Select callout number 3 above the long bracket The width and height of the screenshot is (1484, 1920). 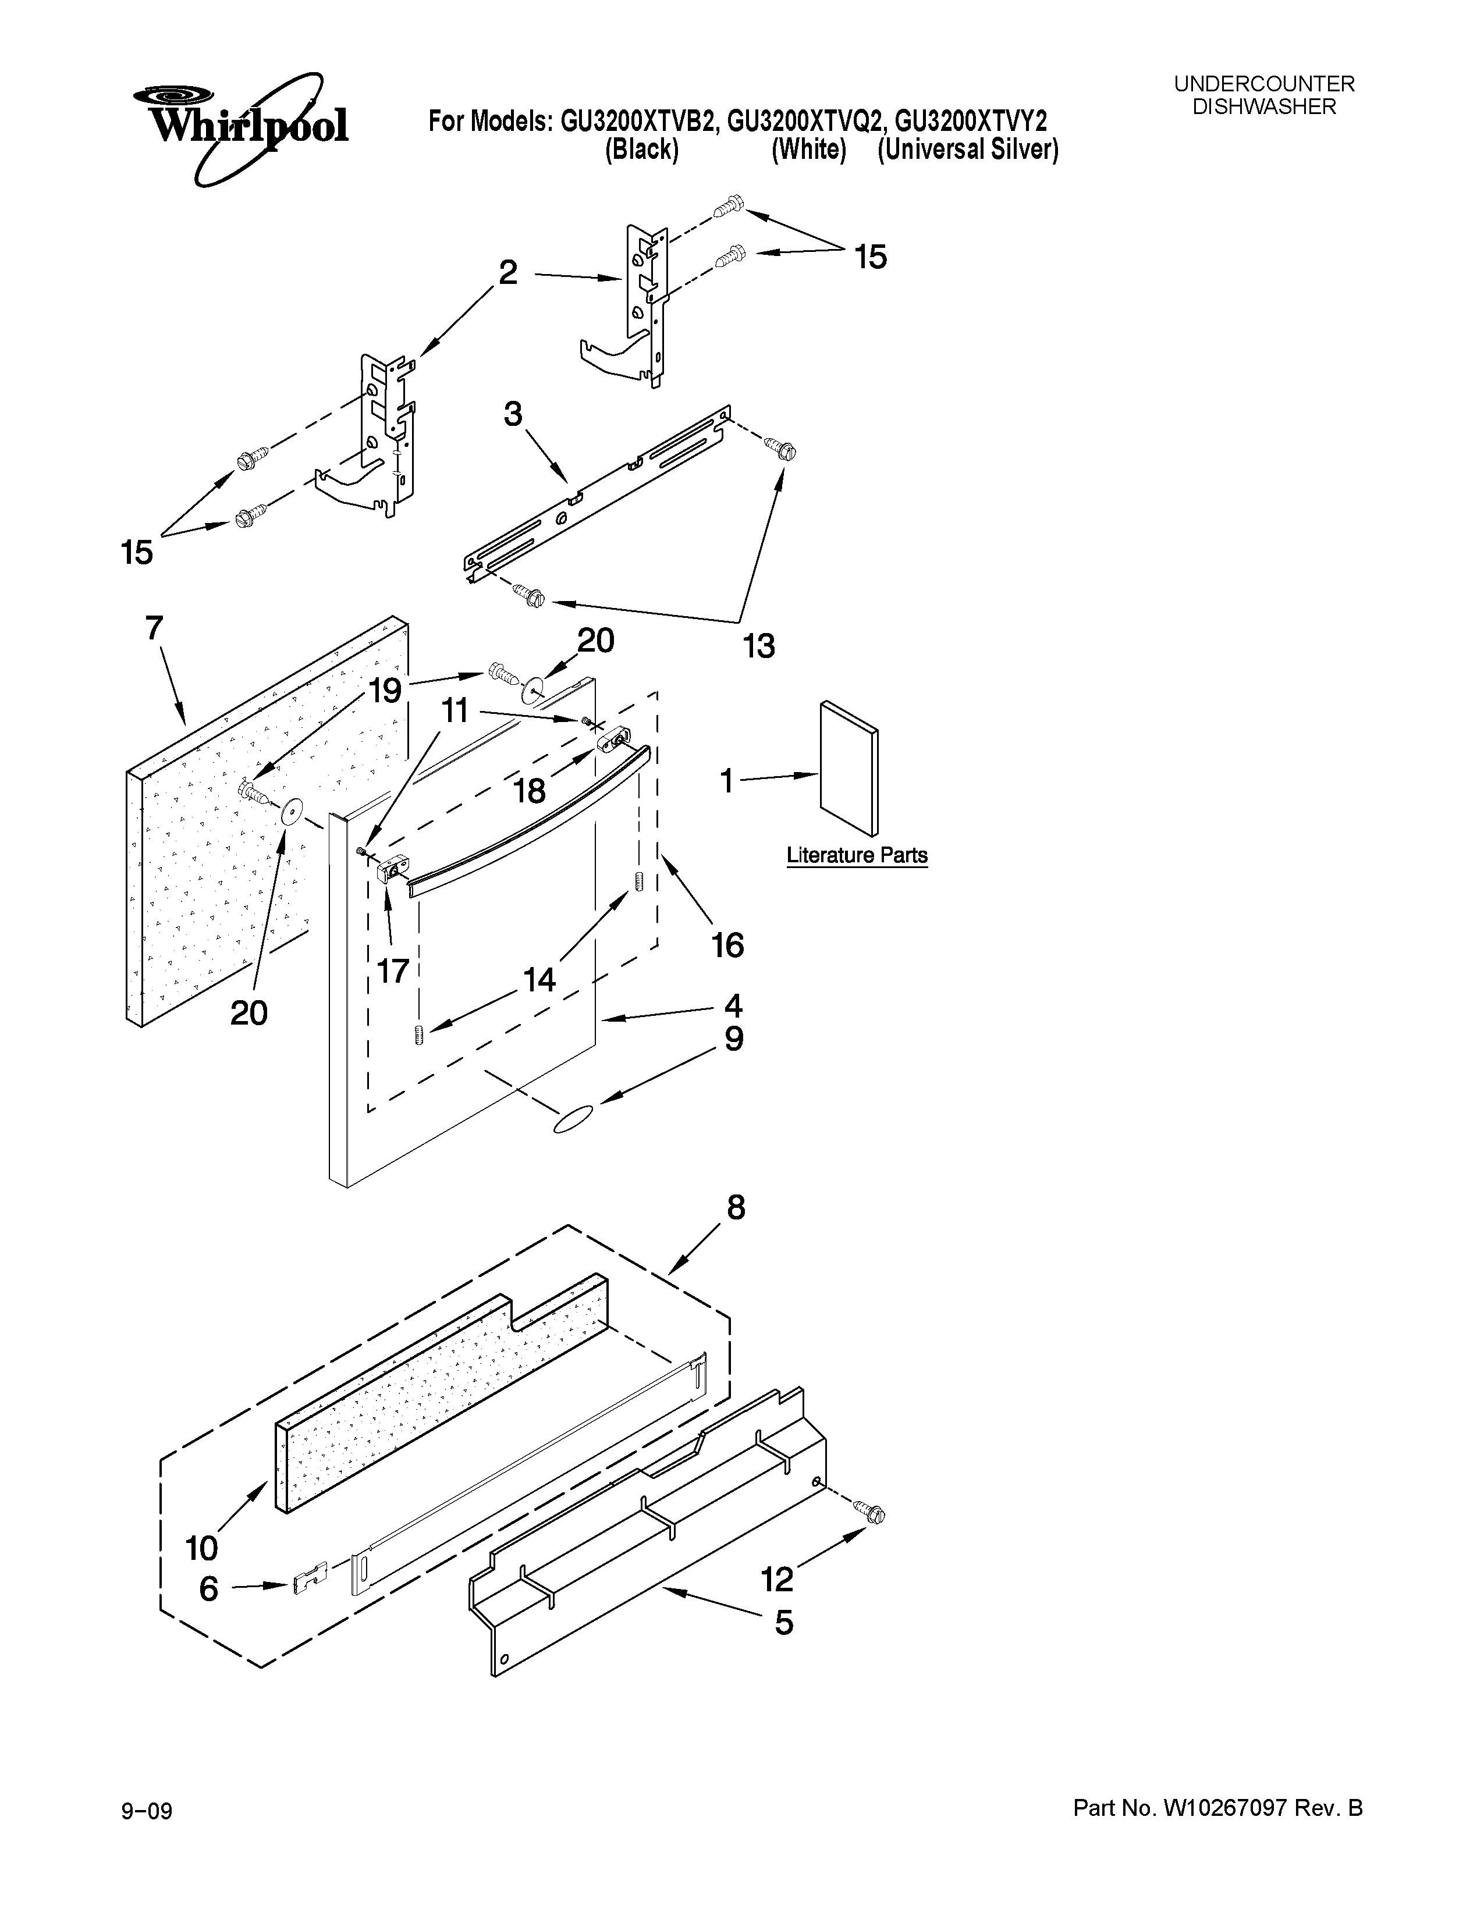coord(513,414)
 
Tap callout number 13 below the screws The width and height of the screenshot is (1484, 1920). coord(759,647)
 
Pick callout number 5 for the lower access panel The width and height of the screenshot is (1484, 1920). coord(783,1622)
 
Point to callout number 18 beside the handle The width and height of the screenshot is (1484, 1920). coord(529,791)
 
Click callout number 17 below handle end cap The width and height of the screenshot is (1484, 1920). coord(393,970)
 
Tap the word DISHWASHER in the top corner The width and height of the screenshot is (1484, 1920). coord(1263,107)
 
